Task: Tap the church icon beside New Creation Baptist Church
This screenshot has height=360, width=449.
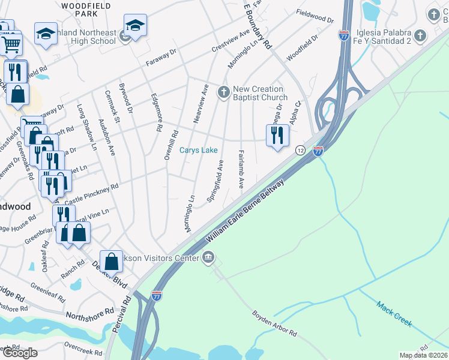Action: [224, 92]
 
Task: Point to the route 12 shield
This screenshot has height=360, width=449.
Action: [300, 149]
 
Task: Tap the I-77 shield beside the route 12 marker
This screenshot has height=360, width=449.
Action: [318, 151]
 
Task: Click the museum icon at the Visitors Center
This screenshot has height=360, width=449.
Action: [208, 258]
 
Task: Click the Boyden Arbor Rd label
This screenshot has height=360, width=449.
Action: [274, 323]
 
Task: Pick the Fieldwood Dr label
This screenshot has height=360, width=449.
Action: [315, 20]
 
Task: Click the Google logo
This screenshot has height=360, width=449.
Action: [20, 353]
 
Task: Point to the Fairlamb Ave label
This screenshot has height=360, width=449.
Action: [241, 169]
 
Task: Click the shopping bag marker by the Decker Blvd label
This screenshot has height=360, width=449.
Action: [112, 261]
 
